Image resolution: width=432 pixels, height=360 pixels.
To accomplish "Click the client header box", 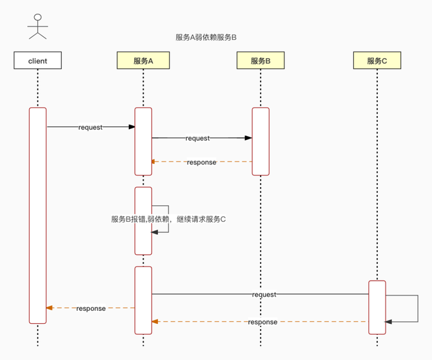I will [38, 61].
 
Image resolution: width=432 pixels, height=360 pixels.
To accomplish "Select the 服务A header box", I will [143, 61].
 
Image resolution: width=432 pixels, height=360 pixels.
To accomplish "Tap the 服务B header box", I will [260, 61].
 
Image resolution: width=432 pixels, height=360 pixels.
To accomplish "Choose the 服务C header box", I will [377, 61].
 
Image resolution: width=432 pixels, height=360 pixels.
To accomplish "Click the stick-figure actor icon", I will [37, 25].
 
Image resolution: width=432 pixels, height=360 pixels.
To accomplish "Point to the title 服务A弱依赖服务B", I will [206, 37].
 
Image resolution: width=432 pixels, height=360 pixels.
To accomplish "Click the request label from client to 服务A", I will [90, 127].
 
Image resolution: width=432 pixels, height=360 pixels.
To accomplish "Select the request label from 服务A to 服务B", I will [197, 138].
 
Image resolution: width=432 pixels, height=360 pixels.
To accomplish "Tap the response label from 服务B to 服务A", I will [201, 162].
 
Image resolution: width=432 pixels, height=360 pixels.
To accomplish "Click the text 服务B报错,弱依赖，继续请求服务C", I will [168, 219].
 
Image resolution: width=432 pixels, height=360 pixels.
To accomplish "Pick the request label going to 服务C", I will [264, 294].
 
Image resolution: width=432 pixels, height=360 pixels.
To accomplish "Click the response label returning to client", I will [90, 308].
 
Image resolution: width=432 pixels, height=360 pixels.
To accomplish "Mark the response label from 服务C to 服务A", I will [262, 322].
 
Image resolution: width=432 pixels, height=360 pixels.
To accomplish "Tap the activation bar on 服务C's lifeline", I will [377, 307].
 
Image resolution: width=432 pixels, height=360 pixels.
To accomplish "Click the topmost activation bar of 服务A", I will [143, 141].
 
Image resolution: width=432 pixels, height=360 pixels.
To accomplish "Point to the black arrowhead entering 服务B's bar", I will [248, 137].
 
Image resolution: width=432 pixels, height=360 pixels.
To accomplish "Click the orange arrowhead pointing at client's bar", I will [50, 308].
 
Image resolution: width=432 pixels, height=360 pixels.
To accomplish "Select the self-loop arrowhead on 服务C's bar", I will [388, 321].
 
